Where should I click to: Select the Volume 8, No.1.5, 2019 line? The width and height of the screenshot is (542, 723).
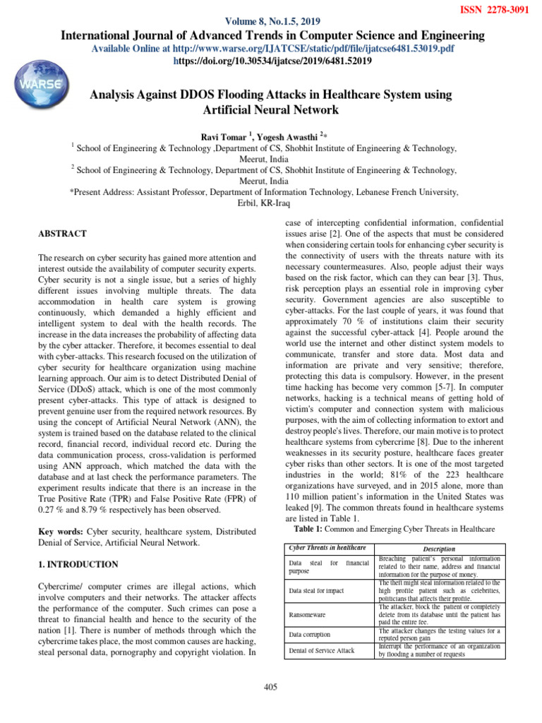point(271,21)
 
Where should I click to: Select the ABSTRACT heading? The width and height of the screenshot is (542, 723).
point(63,234)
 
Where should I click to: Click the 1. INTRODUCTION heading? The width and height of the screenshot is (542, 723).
point(78,565)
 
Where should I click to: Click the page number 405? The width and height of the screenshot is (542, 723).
point(271,688)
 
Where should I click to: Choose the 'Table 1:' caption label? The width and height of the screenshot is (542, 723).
point(309,529)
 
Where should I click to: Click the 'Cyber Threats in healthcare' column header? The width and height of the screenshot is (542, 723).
point(327,548)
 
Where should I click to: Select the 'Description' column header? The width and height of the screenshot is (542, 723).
point(438,549)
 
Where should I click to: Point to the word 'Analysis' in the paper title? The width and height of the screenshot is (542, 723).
point(114,95)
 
